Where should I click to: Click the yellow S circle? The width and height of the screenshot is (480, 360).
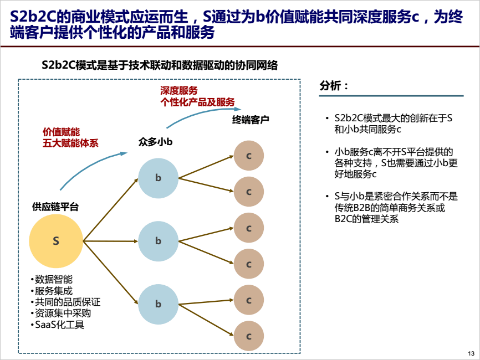pyautogui.click(x=56, y=241)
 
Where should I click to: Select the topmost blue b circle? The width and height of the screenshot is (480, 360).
pyautogui.click(x=159, y=178)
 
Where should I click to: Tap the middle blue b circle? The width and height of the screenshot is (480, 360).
pyautogui.click(x=159, y=241)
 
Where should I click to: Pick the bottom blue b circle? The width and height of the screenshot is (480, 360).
pyautogui.click(x=159, y=304)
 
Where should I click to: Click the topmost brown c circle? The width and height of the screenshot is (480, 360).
pyautogui.click(x=249, y=156)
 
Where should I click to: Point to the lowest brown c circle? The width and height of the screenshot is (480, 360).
pyautogui.click(x=249, y=336)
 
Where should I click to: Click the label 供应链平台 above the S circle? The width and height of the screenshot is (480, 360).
pyautogui.click(x=55, y=207)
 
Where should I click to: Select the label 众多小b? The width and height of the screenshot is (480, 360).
pyautogui.click(x=156, y=142)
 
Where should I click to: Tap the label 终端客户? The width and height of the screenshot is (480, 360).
pyautogui.click(x=251, y=120)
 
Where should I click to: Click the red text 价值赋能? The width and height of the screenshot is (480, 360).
pyautogui.click(x=61, y=132)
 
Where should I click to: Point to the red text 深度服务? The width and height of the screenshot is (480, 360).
pyautogui.click(x=179, y=90)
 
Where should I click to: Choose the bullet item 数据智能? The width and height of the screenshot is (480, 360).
pyautogui.click(x=52, y=279)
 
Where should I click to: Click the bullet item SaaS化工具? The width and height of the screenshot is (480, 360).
pyautogui.click(x=58, y=325)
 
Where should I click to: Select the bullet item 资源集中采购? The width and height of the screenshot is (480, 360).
pyautogui.click(x=60, y=313)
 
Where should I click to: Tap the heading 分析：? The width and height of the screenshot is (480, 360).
pyautogui.click(x=334, y=86)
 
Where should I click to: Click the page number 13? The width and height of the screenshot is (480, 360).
pyautogui.click(x=471, y=353)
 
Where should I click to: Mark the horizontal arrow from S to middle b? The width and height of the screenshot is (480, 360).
pyautogui.click(x=110, y=241)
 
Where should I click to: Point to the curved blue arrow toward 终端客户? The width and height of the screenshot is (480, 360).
pyautogui.click(x=202, y=114)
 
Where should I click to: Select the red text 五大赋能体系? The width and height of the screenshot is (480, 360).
pyautogui.click(x=70, y=143)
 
